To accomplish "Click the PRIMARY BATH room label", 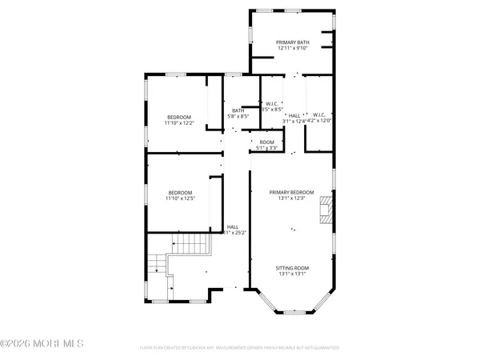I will tap(291, 42).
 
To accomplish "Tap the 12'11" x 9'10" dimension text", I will tap(291, 48).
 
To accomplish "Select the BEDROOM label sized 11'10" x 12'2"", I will tap(179, 117).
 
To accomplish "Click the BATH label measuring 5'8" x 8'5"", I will tap(238, 110).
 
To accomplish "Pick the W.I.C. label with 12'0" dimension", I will tap(318, 115).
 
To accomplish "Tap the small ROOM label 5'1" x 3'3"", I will tap(266, 142).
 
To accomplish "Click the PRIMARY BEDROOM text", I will tap(292, 192).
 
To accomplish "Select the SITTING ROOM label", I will tap(292, 268).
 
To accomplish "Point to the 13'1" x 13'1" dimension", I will tap(292, 274).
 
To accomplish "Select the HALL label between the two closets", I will tap(294, 115).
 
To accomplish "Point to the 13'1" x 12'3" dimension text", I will tap(292, 198).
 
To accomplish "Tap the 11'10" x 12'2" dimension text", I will tap(179, 123).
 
